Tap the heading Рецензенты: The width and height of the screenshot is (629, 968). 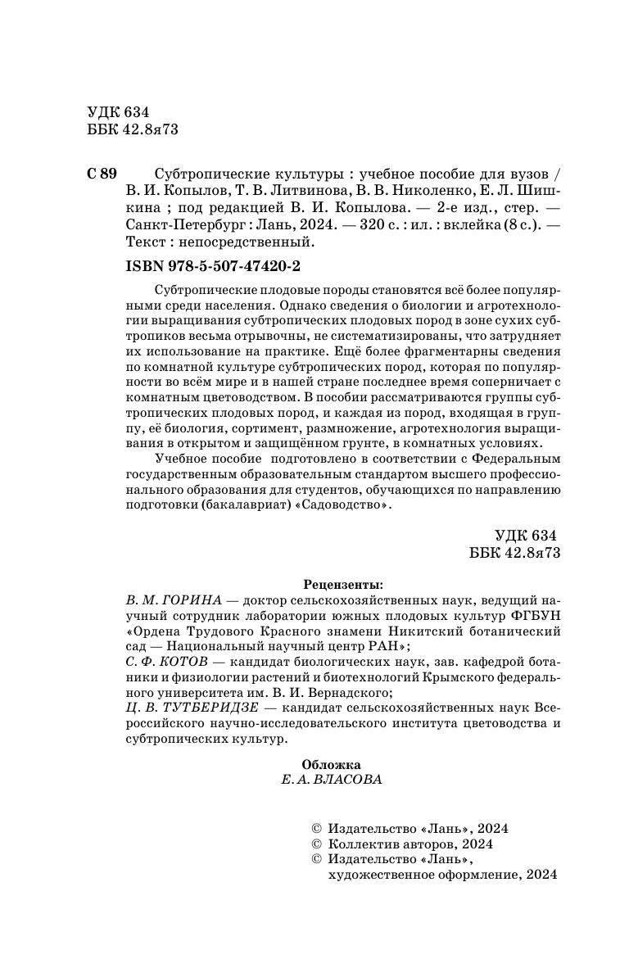coord(343,585)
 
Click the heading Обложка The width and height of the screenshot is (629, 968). coord(331,764)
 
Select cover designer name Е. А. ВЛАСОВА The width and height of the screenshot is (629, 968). coord(332,780)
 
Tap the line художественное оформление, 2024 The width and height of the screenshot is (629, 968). coord(441,875)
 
